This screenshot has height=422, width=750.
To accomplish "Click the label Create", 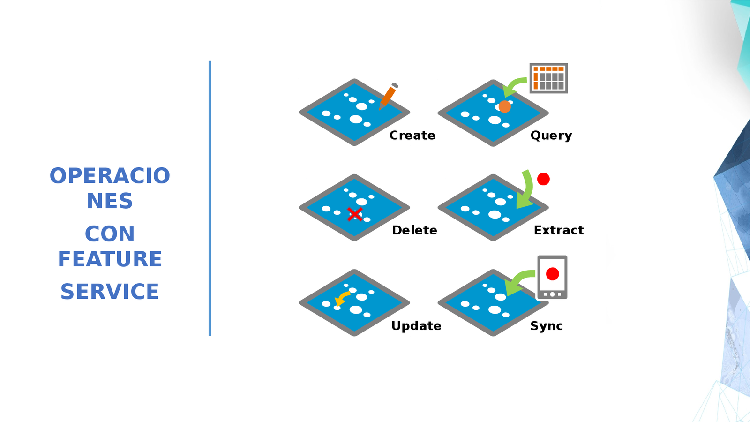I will pyautogui.click(x=412, y=136).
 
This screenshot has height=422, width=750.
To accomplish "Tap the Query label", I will pyautogui.click(x=551, y=136).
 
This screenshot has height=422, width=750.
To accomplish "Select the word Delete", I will pyautogui.click(x=414, y=230).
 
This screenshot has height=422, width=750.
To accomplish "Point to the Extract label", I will pyautogui.click(x=559, y=230).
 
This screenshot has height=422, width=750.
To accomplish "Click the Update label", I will pyautogui.click(x=416, y=326).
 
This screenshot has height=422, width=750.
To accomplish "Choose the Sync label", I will pyautogui.click(x=547, y=326).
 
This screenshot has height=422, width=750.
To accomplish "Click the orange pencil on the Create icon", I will pyautogui.click(x=388, y=96).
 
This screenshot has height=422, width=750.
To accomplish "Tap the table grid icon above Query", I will pyautogui.click(x=548, y=78).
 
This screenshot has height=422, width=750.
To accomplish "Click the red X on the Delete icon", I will pyautogui.click(x=355, y=214).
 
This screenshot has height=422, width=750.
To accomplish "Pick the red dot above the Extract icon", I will pyautogui.click(x=543, y=179).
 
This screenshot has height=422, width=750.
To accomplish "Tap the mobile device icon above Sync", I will pyautogui.click(x=552, y=277).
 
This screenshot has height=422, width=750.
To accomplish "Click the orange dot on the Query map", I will pyautogui.click(x=504, y=106).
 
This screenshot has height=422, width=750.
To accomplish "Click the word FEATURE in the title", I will pyautogui.click(x=110, y=259).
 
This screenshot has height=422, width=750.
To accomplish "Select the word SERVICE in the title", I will pyautogui.click(x=110, y=292).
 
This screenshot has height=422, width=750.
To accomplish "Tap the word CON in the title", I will pyautogui.click(x=110, y=234).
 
